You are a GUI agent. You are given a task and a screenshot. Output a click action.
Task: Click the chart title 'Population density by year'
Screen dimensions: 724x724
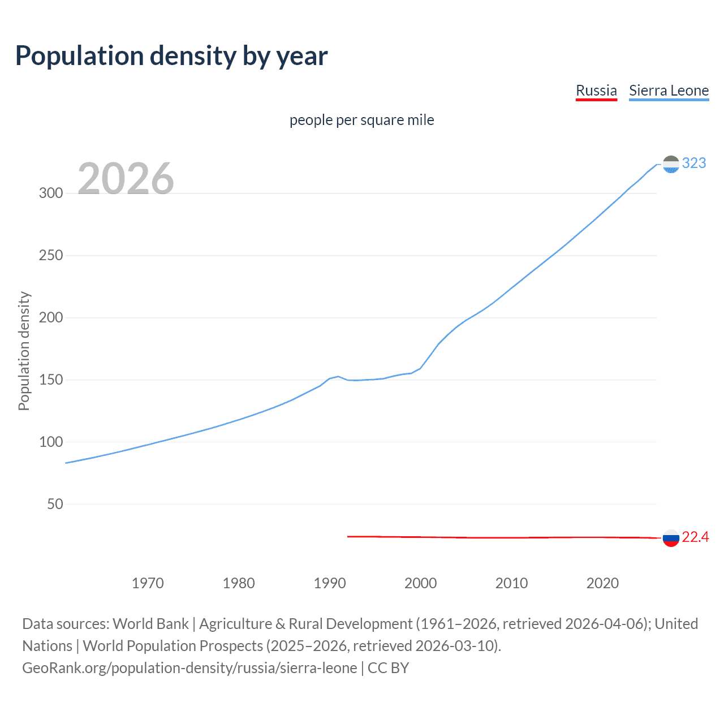point(171,56)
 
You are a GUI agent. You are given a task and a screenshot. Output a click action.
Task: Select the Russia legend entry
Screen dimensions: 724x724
point(596,90)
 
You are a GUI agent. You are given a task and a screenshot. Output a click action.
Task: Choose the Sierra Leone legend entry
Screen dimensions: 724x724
point(669,90)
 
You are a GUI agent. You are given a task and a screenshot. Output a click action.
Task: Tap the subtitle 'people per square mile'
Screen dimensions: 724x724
point(362,120)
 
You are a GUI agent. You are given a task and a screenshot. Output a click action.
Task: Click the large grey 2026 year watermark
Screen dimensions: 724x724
point(126,179)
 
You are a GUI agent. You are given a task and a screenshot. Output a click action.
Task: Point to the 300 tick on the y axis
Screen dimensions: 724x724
point(51,193)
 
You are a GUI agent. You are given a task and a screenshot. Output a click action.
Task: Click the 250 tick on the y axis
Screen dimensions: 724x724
point(51,255)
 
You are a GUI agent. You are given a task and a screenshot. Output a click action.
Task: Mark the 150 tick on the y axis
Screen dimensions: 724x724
point(51,380)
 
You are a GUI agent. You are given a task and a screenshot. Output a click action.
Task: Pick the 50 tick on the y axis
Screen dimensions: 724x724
point(55,504)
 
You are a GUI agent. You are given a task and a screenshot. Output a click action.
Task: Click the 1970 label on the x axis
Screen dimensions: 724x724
point(148,583)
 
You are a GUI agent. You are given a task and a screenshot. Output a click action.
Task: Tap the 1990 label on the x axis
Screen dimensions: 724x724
point(330,583)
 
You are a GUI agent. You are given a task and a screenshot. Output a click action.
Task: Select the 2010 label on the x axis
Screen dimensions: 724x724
point(511,583)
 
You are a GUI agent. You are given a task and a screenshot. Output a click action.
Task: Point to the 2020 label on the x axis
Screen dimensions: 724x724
point(602,583)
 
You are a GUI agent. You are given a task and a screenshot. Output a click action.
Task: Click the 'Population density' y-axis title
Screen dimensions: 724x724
point(24,351)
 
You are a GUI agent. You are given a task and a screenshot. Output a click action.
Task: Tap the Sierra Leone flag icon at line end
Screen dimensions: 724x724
point(671,164)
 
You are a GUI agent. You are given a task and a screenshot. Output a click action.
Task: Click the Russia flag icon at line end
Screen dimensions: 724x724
point(671,538)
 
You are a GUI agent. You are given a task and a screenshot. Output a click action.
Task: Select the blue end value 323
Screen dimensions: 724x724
point(694,163)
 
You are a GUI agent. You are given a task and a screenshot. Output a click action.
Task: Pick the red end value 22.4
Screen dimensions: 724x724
point(695,537)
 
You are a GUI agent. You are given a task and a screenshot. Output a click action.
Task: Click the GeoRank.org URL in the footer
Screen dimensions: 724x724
point(189,668)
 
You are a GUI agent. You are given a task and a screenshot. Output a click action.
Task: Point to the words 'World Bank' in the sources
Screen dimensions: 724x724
point(150,624)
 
